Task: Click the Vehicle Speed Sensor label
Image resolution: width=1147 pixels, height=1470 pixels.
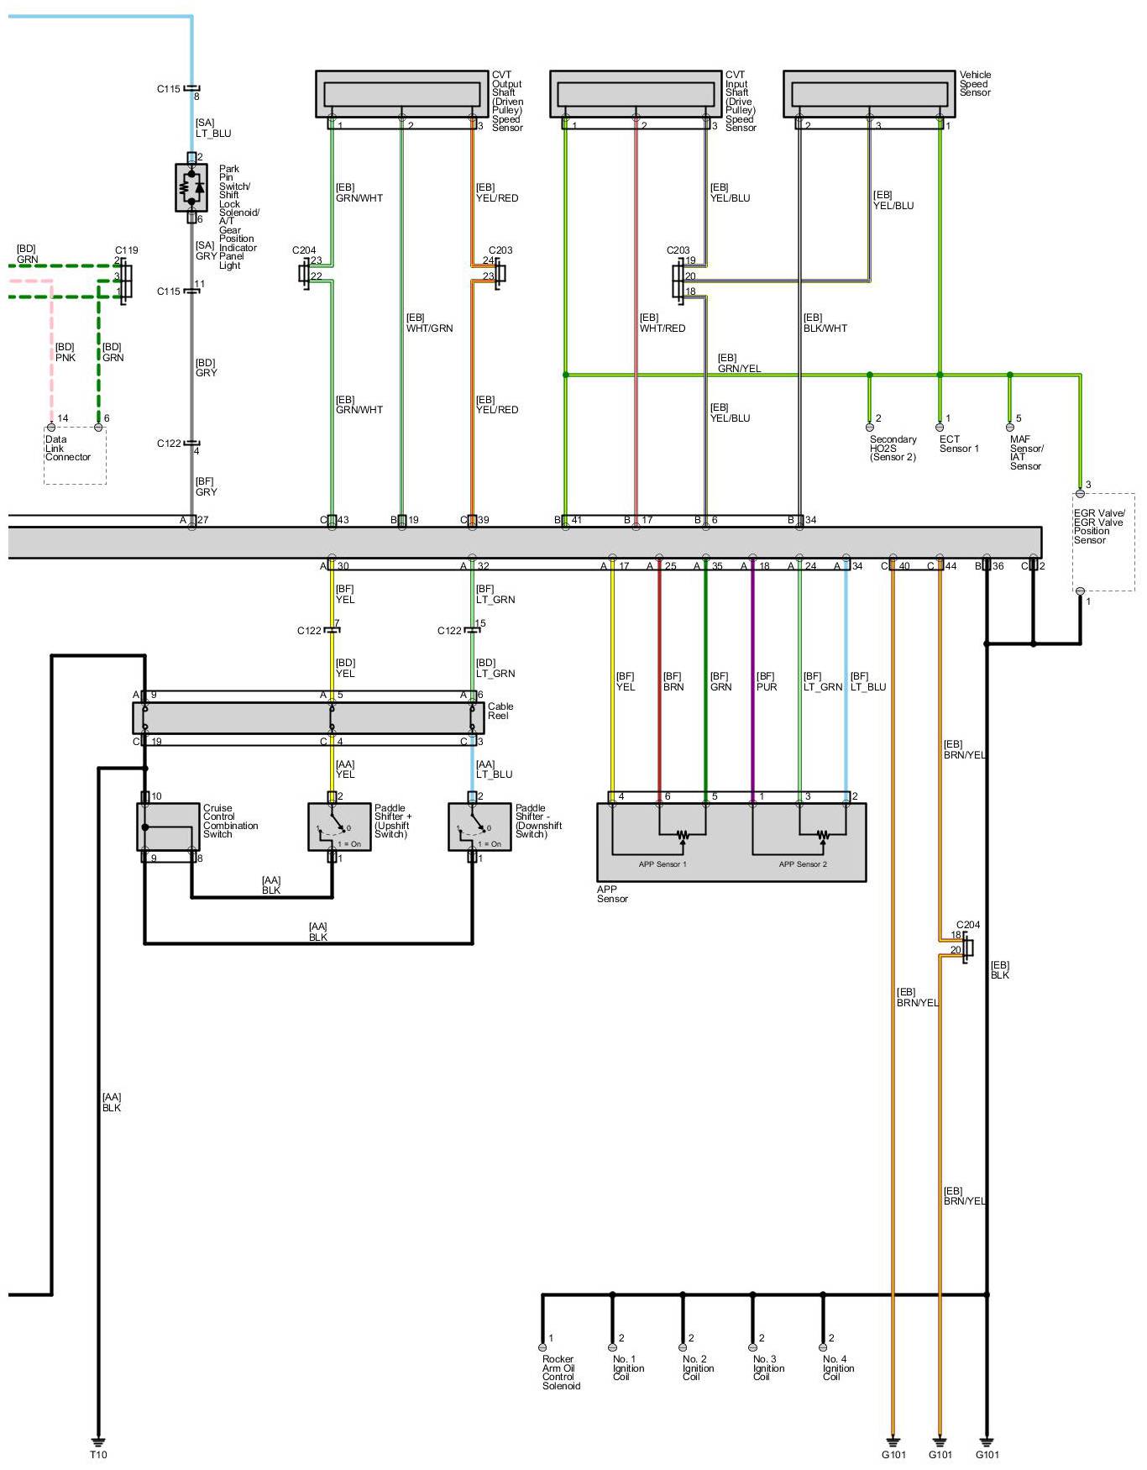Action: click(x=975, y=83)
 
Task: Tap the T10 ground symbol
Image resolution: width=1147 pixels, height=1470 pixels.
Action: click(x=98, y=1441)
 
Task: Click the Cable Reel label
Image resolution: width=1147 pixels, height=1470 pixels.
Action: click(x=500, y=711)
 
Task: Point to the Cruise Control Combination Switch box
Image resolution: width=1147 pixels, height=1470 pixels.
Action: click(x=168, y=827)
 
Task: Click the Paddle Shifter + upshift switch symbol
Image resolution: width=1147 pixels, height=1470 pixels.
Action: click(x=339, y=827)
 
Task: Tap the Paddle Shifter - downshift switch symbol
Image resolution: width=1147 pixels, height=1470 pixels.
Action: click(x=479, y=827)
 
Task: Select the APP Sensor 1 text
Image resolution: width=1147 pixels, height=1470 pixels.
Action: click(x=662, y=864)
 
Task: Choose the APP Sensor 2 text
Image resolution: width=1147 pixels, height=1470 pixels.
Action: click(x=803, y=864)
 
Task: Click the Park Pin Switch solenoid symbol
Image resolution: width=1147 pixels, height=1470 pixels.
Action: click(x=191, y=187)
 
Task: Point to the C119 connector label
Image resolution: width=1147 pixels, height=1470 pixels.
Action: click(x=127, y=250)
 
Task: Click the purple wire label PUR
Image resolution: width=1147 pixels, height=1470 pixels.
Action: click(x=767, y=687)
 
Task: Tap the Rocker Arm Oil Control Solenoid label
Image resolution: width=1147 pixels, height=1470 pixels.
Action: click(x=560, y=1372)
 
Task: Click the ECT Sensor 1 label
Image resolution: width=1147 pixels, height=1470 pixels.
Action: click(x=959, y=444)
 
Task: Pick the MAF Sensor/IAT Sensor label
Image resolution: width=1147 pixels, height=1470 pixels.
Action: click(x=1026, y=453)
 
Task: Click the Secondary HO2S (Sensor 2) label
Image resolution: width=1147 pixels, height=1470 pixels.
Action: click(x=893, y=448)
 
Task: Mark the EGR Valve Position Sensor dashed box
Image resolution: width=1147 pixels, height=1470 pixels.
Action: click(x=1103, y=542)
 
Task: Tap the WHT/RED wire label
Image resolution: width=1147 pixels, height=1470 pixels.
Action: click(x=663, y=328)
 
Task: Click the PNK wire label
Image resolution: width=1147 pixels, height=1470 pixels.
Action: click(x=65, y=358)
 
